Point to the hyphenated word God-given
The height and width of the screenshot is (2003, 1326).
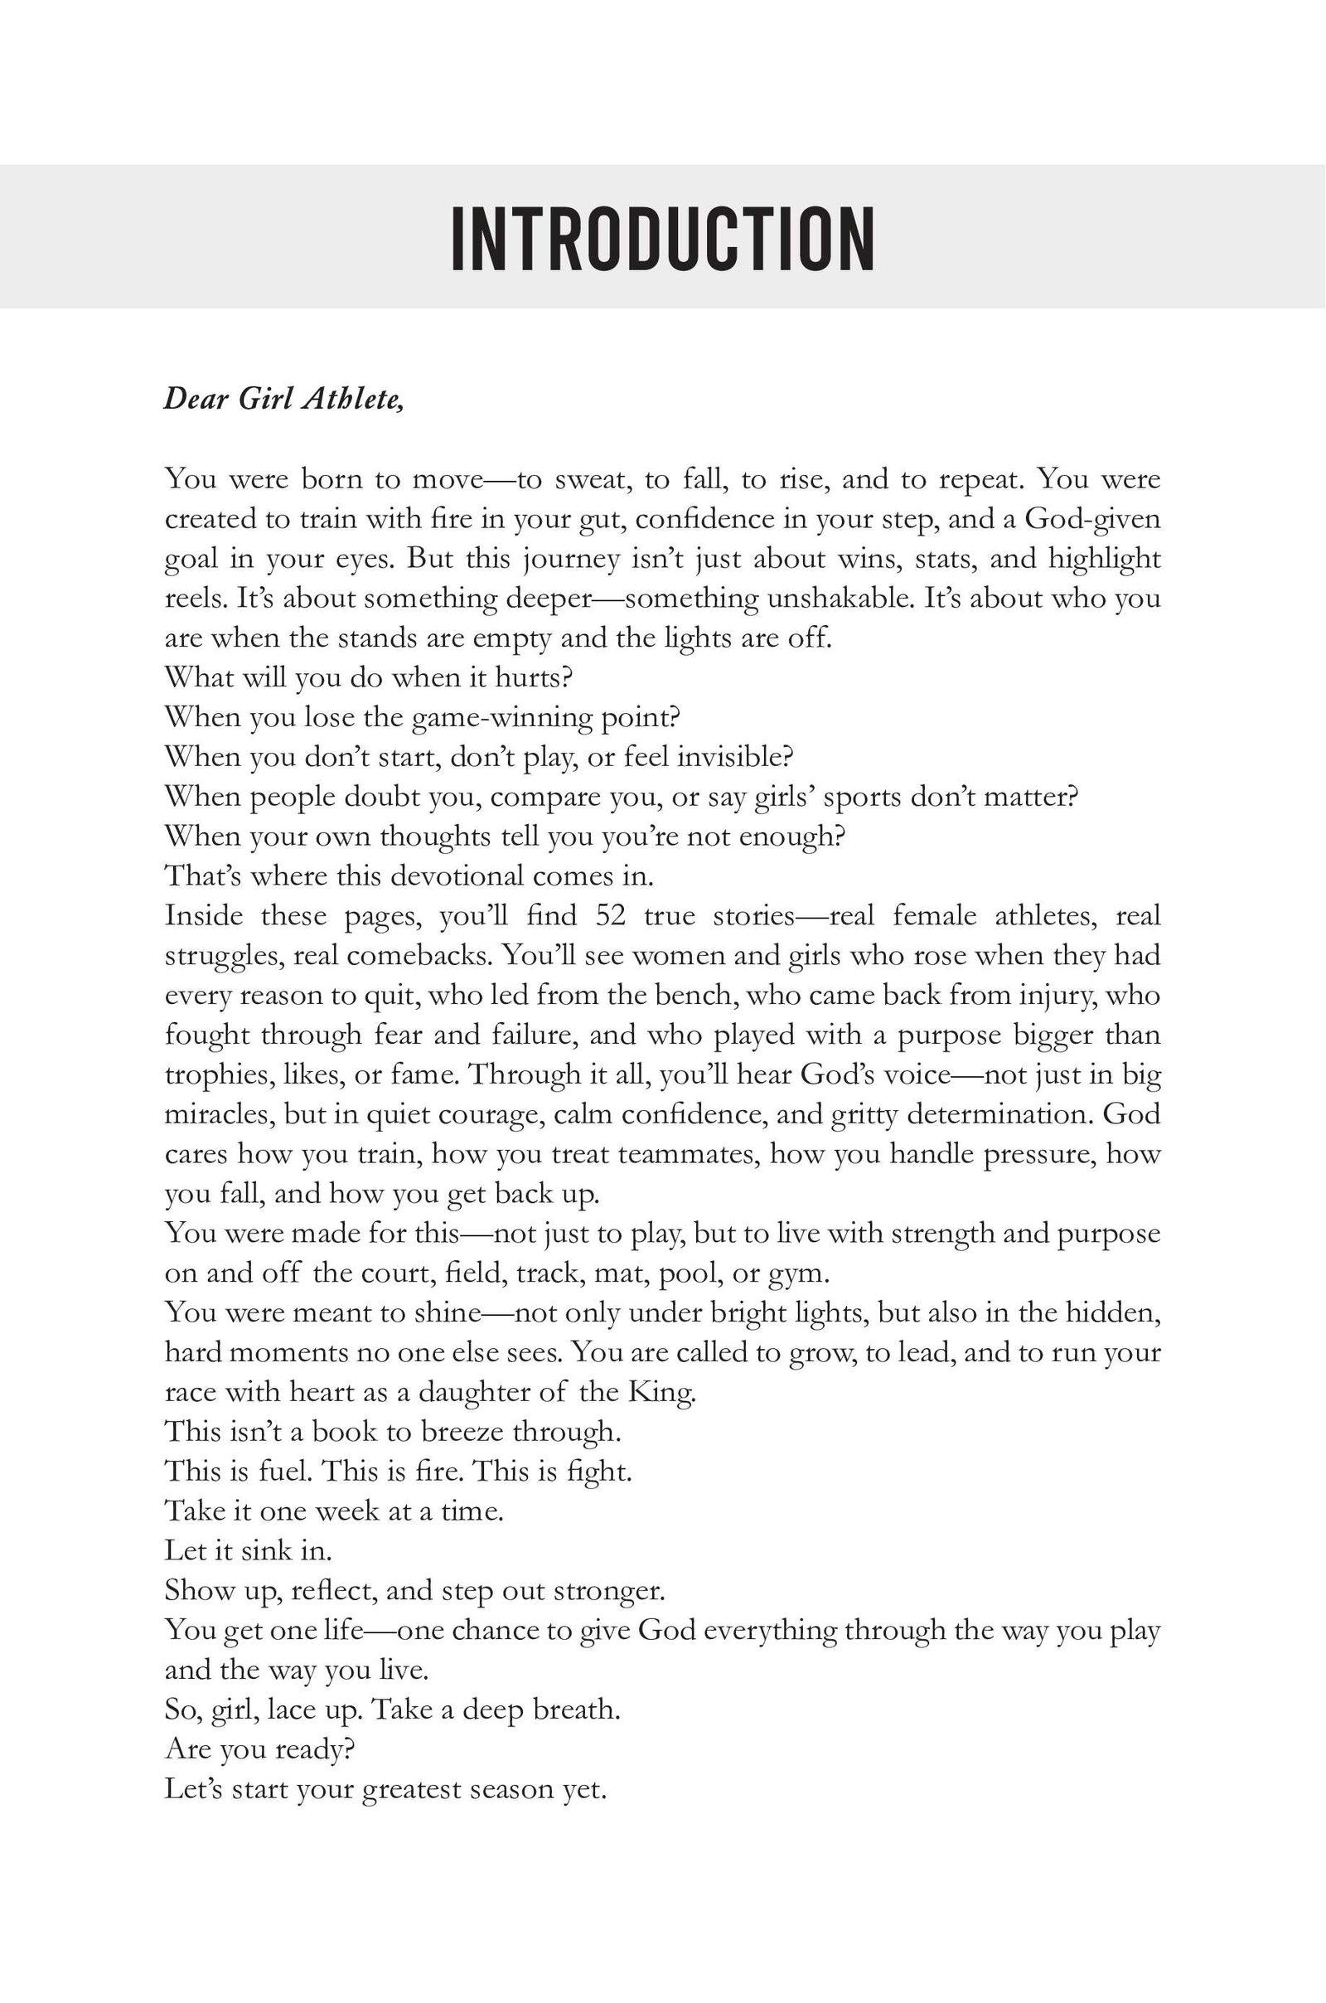pos(1092,518)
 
